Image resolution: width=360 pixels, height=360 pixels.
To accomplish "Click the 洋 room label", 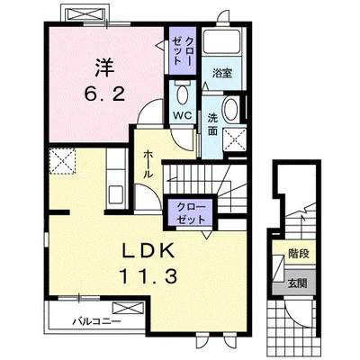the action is (105, 67).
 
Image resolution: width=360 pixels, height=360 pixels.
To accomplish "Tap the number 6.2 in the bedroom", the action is (103, 95).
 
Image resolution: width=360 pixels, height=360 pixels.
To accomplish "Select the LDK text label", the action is (148, 252).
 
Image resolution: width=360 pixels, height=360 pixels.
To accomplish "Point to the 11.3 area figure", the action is (148, 276).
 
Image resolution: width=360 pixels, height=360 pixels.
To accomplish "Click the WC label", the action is (183, 116).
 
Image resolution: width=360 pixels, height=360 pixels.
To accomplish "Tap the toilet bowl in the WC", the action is (183, 94).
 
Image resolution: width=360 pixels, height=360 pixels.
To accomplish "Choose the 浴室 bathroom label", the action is (222, 73).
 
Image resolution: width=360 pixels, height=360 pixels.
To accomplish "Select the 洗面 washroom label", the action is (212, 125).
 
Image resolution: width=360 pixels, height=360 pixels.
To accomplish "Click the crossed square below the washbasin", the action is (235, 140).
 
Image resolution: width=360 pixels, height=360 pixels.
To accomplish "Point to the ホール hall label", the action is (148, 165).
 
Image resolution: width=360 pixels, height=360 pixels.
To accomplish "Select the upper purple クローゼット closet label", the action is (183, 50).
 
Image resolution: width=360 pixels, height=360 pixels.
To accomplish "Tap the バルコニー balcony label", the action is (96, 322).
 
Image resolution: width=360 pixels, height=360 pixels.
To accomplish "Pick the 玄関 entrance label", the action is (297, 283).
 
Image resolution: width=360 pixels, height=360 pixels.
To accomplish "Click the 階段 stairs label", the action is (299, 254).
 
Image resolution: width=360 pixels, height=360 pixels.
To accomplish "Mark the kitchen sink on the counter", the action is (116, 194).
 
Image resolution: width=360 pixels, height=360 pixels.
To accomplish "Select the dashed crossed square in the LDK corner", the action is (62, 161).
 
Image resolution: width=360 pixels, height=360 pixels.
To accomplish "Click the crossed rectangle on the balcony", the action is (129, 308).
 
